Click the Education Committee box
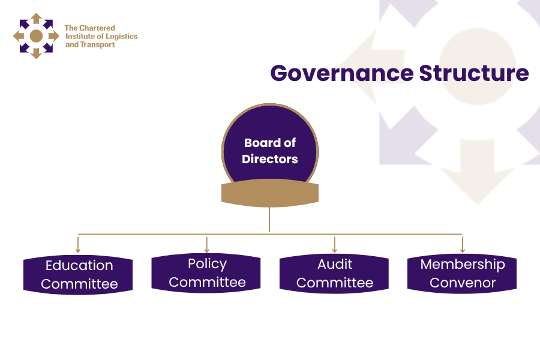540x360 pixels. tap(78, 275)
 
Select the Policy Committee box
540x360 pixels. tap(206, 273)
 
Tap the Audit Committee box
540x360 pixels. tap(334, 273)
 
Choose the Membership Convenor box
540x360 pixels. tap(462, 273)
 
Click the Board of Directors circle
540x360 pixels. tap(270, 147)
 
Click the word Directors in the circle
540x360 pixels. tap(270, 159)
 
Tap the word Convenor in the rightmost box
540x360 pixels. tap(462, 283)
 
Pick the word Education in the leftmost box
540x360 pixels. tap(79, 265)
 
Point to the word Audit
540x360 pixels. tap(335, 264)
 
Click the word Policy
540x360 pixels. tap(207, 263)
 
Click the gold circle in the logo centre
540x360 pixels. tap(36, 36)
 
